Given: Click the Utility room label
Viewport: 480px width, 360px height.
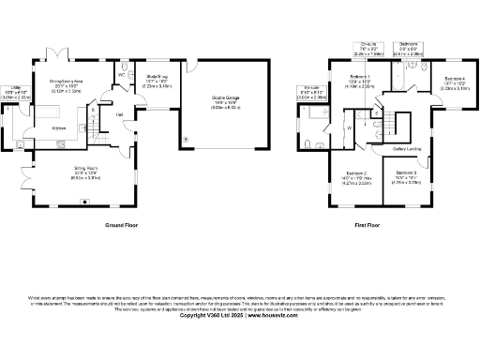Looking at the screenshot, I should click(18, 87).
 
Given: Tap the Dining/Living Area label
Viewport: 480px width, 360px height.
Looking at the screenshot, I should click(66, 82).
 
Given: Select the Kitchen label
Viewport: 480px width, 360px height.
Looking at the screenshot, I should click(57, 128).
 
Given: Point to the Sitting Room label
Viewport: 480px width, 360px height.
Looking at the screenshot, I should click(86, 169).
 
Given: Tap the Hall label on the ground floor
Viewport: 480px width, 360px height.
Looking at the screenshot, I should click(119, 115).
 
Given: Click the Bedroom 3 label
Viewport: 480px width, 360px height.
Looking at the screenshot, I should click(406, 173).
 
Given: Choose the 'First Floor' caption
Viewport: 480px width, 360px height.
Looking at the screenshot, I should click(367, 226).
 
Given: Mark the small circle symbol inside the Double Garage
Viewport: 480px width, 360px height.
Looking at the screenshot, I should click(186, 140).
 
